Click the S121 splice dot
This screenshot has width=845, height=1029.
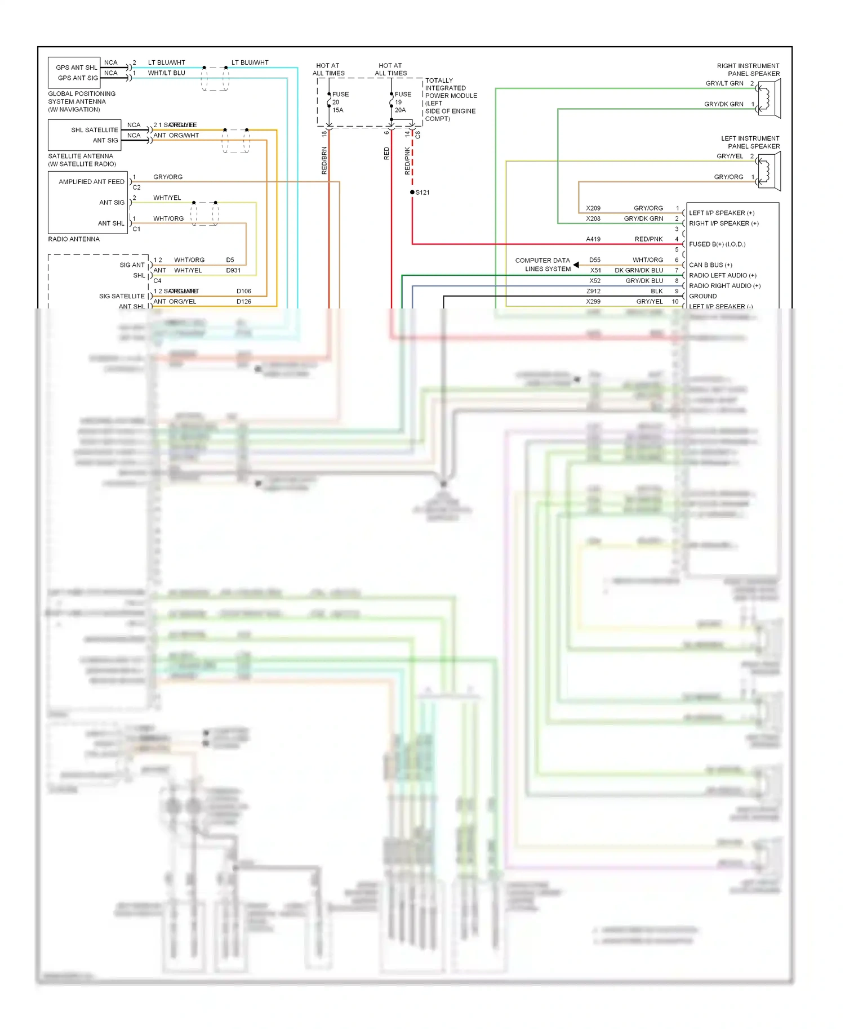pos(412,193)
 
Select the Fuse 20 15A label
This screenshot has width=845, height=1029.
pos(340,102)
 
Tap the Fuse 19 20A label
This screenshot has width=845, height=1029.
pos(402,102)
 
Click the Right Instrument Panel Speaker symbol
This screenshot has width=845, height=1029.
pos(769,99)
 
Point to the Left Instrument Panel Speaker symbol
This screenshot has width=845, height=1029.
pos(769,171)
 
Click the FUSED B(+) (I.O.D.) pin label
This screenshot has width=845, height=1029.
pos(717,244)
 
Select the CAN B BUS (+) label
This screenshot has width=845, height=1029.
pos(710,265)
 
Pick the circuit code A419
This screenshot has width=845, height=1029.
pos(593,239)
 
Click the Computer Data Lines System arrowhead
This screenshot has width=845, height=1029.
pos(576,265)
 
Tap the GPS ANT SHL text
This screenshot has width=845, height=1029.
pos(77,68)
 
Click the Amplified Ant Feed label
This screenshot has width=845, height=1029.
pos(91,182)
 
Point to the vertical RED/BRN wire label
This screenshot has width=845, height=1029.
pos(324,160)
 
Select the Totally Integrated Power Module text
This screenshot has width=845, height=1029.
pos(450,100)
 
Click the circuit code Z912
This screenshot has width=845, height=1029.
pos(593,291)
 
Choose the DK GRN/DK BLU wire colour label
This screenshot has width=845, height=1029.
pos(639,271)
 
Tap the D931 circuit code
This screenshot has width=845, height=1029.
pos(233,271)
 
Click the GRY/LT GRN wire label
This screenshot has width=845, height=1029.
pos(724,83)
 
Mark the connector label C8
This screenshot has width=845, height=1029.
pos(418,135)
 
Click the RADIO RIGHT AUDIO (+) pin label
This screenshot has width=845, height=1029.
pos(724,286)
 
